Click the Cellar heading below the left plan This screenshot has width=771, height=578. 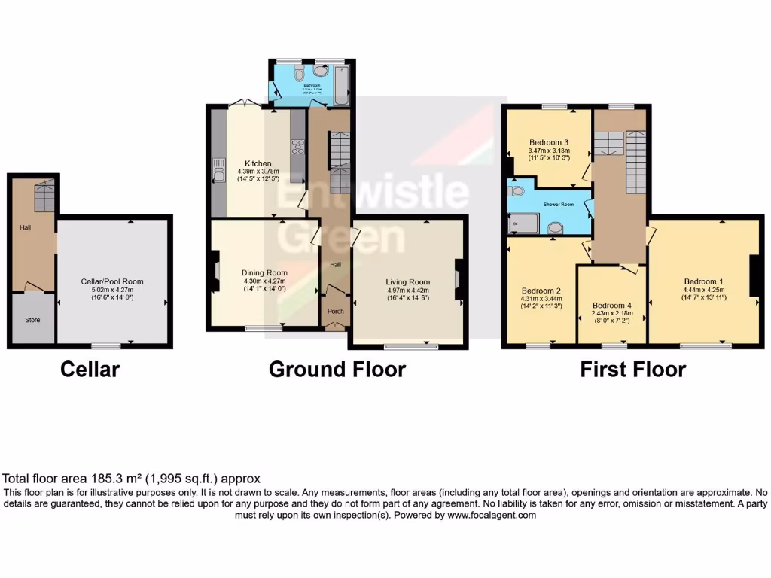point(90,370)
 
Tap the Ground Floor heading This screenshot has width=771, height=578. point(337,370)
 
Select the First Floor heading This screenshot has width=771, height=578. point(632,370)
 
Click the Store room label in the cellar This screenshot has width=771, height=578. point(32,320)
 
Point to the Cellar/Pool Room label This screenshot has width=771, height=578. point(112,281)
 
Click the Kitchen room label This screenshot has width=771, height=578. point(258,163)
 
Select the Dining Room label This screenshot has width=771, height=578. point(264,272)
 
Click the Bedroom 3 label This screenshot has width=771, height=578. point(548,142)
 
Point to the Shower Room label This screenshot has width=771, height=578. point(555,203)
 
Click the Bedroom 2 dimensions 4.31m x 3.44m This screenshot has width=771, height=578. point(542,298)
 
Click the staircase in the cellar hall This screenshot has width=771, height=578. point(44,197)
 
